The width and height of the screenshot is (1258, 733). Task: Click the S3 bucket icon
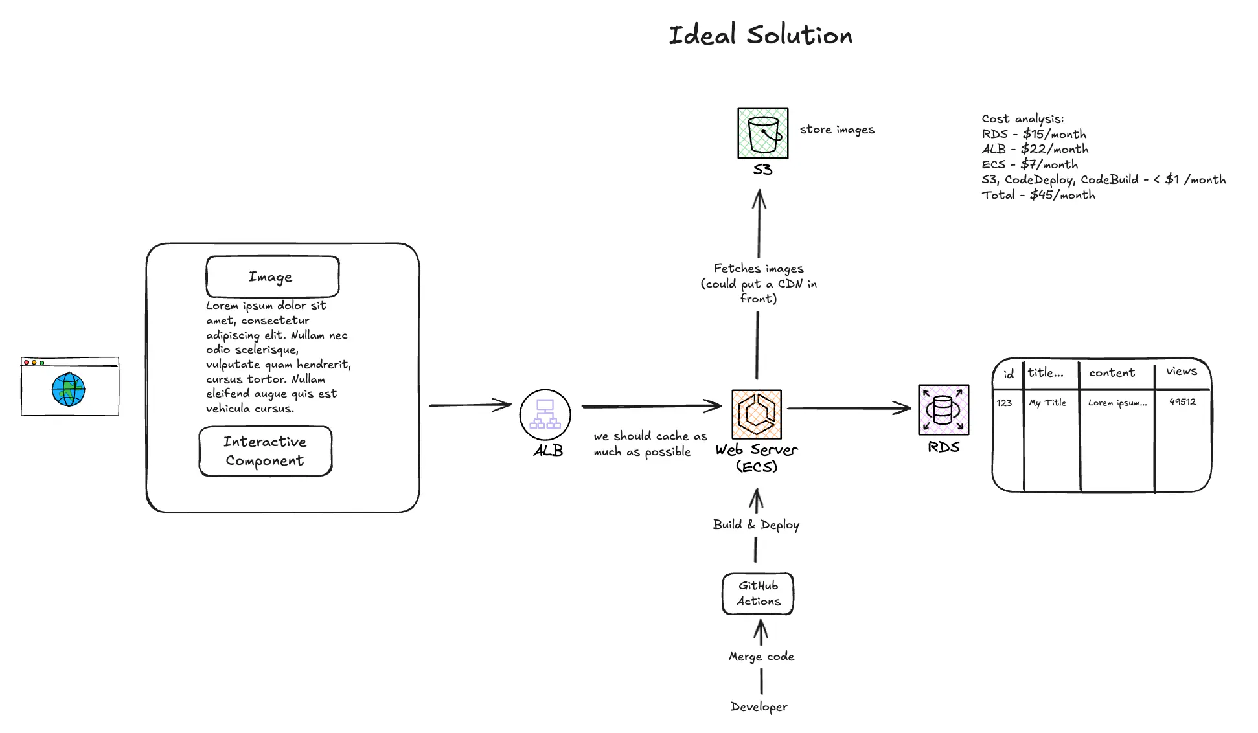click(x=763, y=133)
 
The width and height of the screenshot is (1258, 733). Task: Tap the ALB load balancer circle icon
click(x=545, y=415)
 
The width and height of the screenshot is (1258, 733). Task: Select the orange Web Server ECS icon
click(x=757, y=414)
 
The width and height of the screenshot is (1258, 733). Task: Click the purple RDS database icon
click(x=944, y=410)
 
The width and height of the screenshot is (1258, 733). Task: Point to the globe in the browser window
click(x=69, y=389)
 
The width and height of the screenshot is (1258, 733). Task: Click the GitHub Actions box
click(x=758, y=594)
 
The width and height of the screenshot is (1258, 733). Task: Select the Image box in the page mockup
click(x=272, y=277)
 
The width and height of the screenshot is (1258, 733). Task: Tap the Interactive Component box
click(x=266, y=451)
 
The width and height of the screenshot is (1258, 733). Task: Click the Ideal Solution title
click(x=761, y=36)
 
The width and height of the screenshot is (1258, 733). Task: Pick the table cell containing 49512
click(x=1182, y=402)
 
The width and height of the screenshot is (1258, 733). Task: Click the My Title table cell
click(x=1047, y=403)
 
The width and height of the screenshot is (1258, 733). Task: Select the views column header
click(x=1182, y=372)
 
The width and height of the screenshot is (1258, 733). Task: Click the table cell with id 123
click(x=1004, y=403)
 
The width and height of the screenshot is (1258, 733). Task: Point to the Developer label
click(x=759, y=706)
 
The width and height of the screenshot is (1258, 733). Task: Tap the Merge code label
click(x=761, y=657)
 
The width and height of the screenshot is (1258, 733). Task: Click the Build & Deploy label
click(x=756, y=525)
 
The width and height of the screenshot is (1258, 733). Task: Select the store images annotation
click(x=837, y=130)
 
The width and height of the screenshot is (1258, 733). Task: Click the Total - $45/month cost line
click(x=1038, y=195)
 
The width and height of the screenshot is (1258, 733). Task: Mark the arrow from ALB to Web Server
click(x=650, y=407)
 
